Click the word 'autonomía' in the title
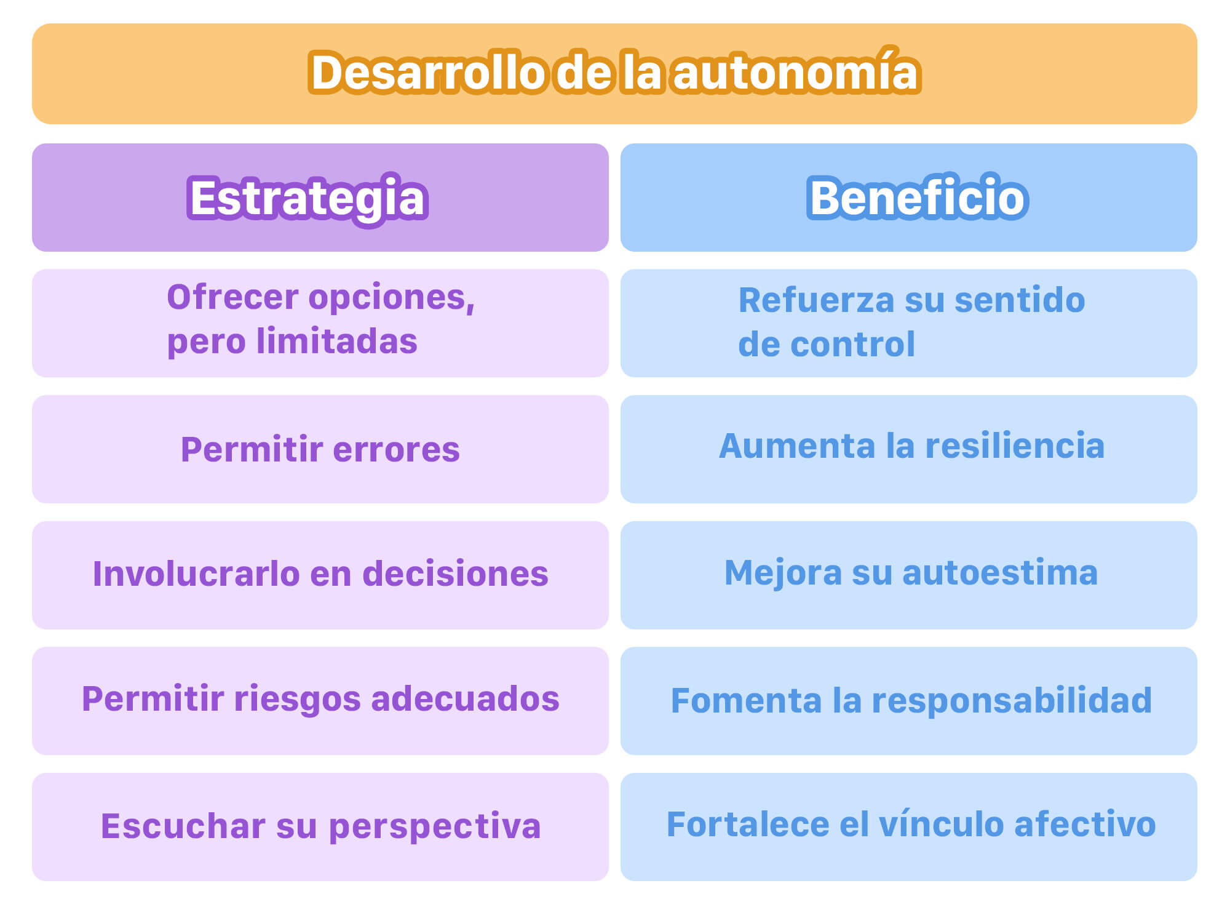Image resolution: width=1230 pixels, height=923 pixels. pyautogui.click(x=796, y=71)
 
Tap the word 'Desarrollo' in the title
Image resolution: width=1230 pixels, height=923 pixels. pyautogui.click(x=427, y=73)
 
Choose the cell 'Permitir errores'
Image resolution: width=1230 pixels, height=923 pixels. pyautogui.click(x=320, y=449)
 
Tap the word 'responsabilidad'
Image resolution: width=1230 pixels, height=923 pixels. pyautogui.click(x=1012, y=701)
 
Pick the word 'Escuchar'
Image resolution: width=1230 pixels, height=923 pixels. pyautogui.click(x=183, y=826)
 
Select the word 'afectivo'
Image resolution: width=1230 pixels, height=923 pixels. pyautogui.click(x=1085, y=824)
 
